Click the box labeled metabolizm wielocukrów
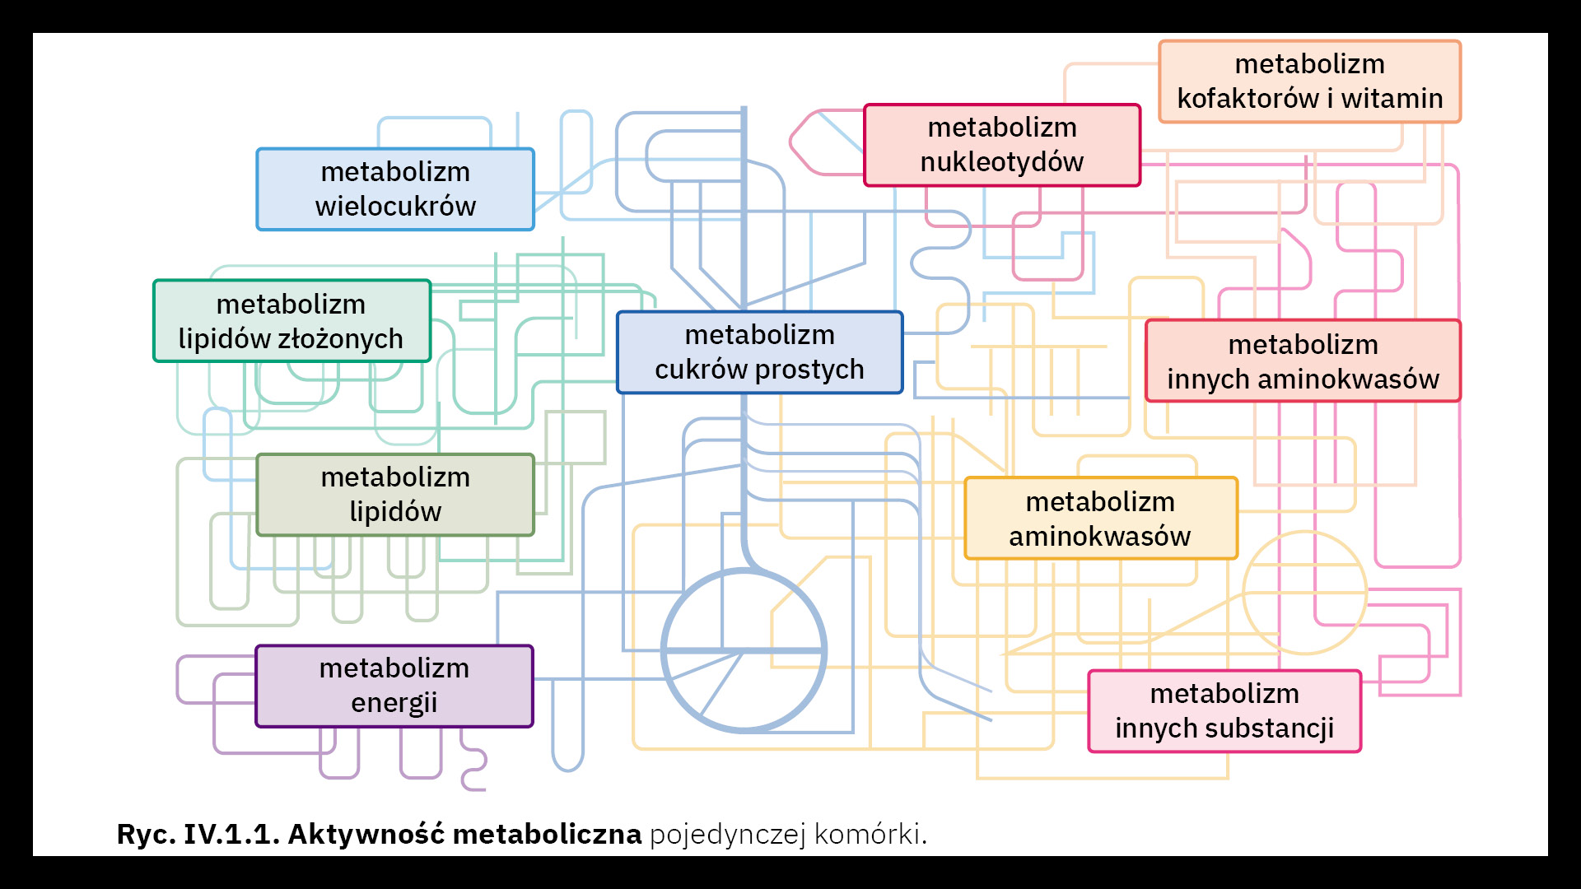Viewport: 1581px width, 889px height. [395, 189]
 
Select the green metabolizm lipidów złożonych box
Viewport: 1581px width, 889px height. [291, 321]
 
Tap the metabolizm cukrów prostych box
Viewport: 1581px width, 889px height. [759, 352]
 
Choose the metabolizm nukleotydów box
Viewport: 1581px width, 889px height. [1002, 145]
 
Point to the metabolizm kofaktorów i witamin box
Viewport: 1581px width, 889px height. [1309, 81]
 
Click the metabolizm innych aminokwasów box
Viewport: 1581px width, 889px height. [1303, 361]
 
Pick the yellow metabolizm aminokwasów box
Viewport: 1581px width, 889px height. [1100, 519]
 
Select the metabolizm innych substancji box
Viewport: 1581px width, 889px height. [1224, 711]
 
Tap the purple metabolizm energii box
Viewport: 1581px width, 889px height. [394, 686]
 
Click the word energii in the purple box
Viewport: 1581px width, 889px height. [394, 703]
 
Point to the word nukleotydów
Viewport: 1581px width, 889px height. [1002, 162]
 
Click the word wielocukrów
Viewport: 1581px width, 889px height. [395, 207]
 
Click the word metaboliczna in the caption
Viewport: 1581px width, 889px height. [547, 835]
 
